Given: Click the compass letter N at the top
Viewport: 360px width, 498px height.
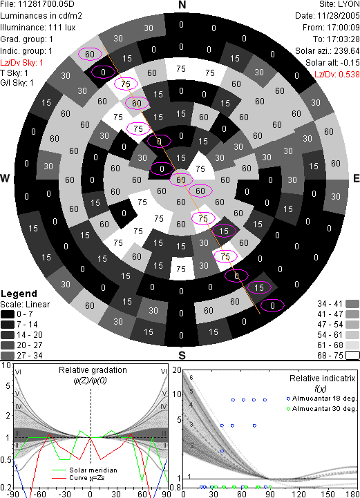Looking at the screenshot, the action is coord(182,5).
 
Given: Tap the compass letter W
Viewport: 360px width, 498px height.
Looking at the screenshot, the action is coord(5,178).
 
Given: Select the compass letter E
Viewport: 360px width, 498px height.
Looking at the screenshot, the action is coord(356,178).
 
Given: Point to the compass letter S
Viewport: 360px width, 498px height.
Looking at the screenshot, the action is coord(182,356).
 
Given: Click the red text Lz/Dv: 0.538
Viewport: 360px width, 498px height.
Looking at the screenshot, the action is coord(337,75).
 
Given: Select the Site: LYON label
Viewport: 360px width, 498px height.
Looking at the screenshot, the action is coord(339,4).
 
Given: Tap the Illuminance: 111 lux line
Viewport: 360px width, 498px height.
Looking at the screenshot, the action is coord(38,28).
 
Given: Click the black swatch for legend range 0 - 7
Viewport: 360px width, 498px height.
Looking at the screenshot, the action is coord(8,314).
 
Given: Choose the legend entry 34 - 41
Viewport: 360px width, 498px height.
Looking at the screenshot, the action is coord(338,304).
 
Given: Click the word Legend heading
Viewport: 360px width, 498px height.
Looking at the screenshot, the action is coord(19,294).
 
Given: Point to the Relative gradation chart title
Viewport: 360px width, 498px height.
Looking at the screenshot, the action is coord(93,370).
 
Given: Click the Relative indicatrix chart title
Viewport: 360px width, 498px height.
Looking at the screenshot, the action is coord(323,379).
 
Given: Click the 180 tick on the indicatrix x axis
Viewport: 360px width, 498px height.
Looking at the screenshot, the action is coord(353,494).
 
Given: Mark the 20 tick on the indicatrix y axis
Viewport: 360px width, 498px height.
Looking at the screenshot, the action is coord(177,370).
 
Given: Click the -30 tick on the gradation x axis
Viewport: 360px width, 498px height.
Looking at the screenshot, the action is coord(64,494).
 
